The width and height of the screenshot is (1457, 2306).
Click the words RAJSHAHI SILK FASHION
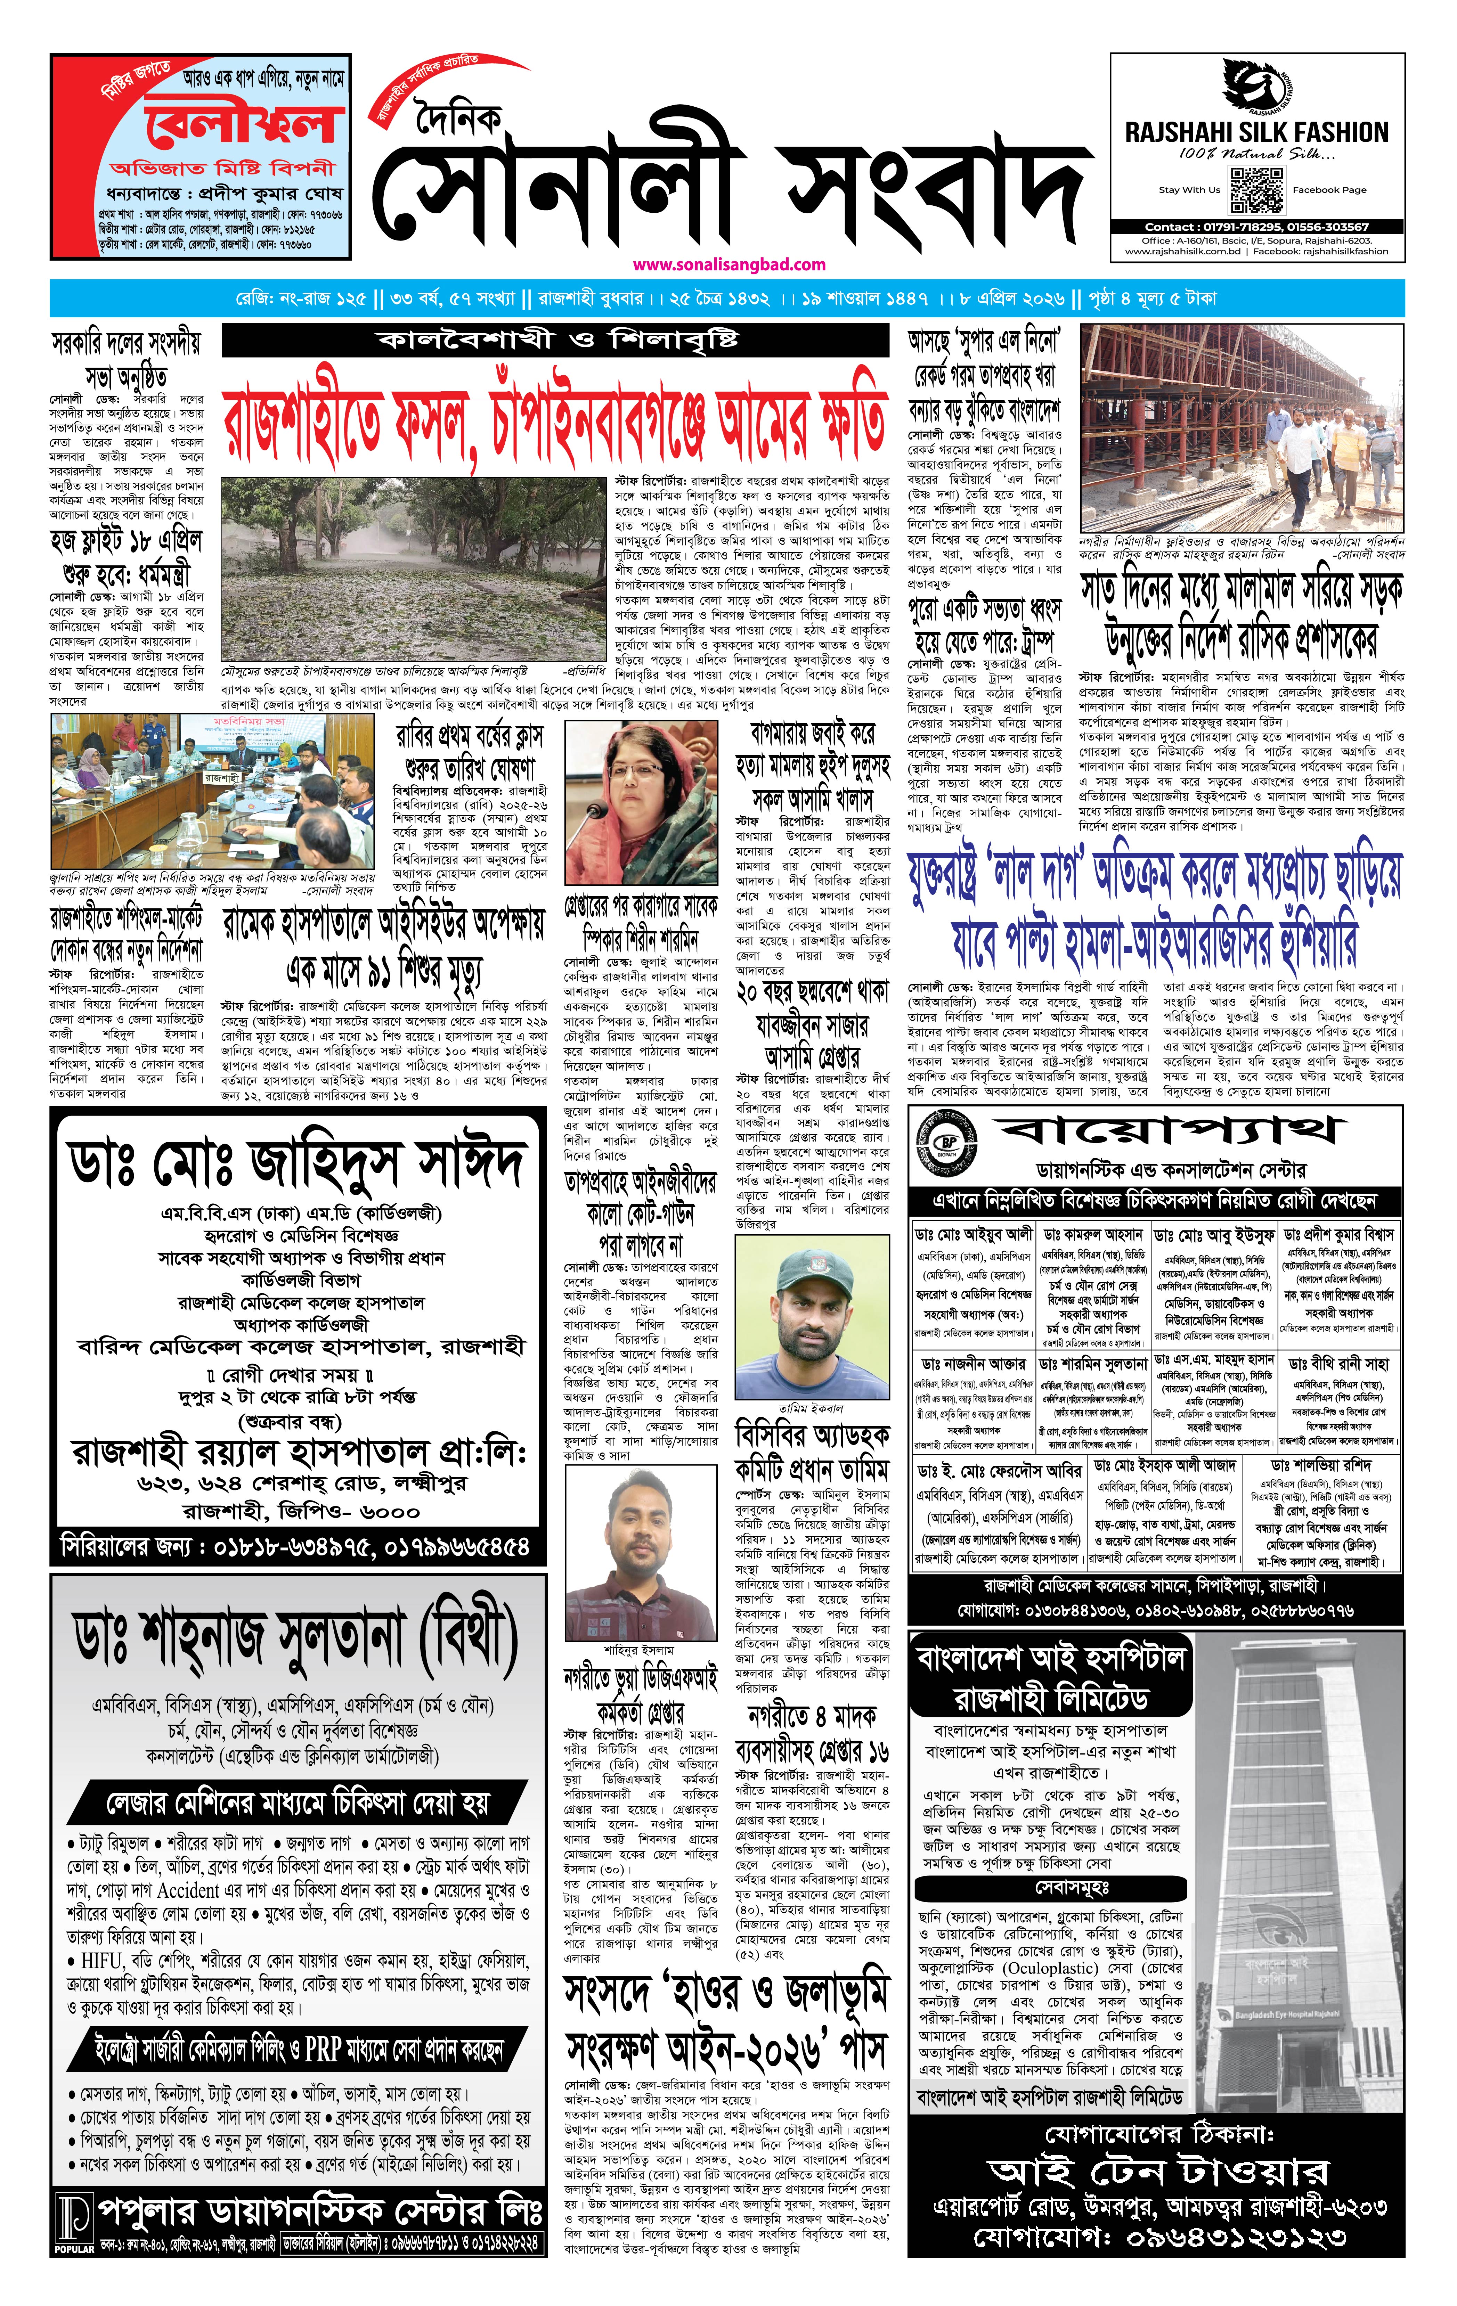(x=1256, y=132)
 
